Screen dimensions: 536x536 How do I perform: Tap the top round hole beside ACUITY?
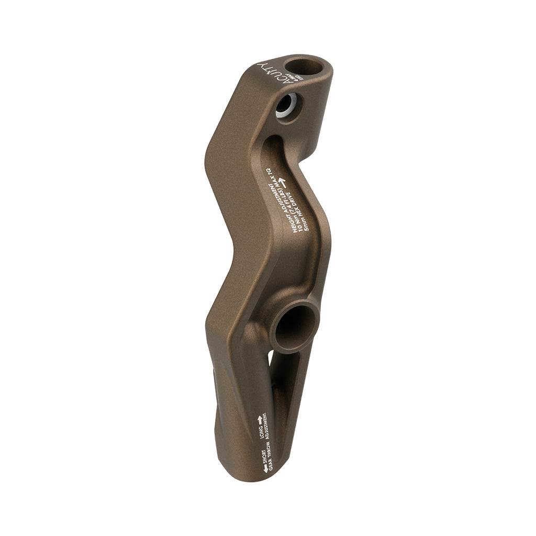point(312,67)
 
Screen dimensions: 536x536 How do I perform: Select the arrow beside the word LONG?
point(259,420)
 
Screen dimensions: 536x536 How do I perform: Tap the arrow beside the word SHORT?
point(265,468)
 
